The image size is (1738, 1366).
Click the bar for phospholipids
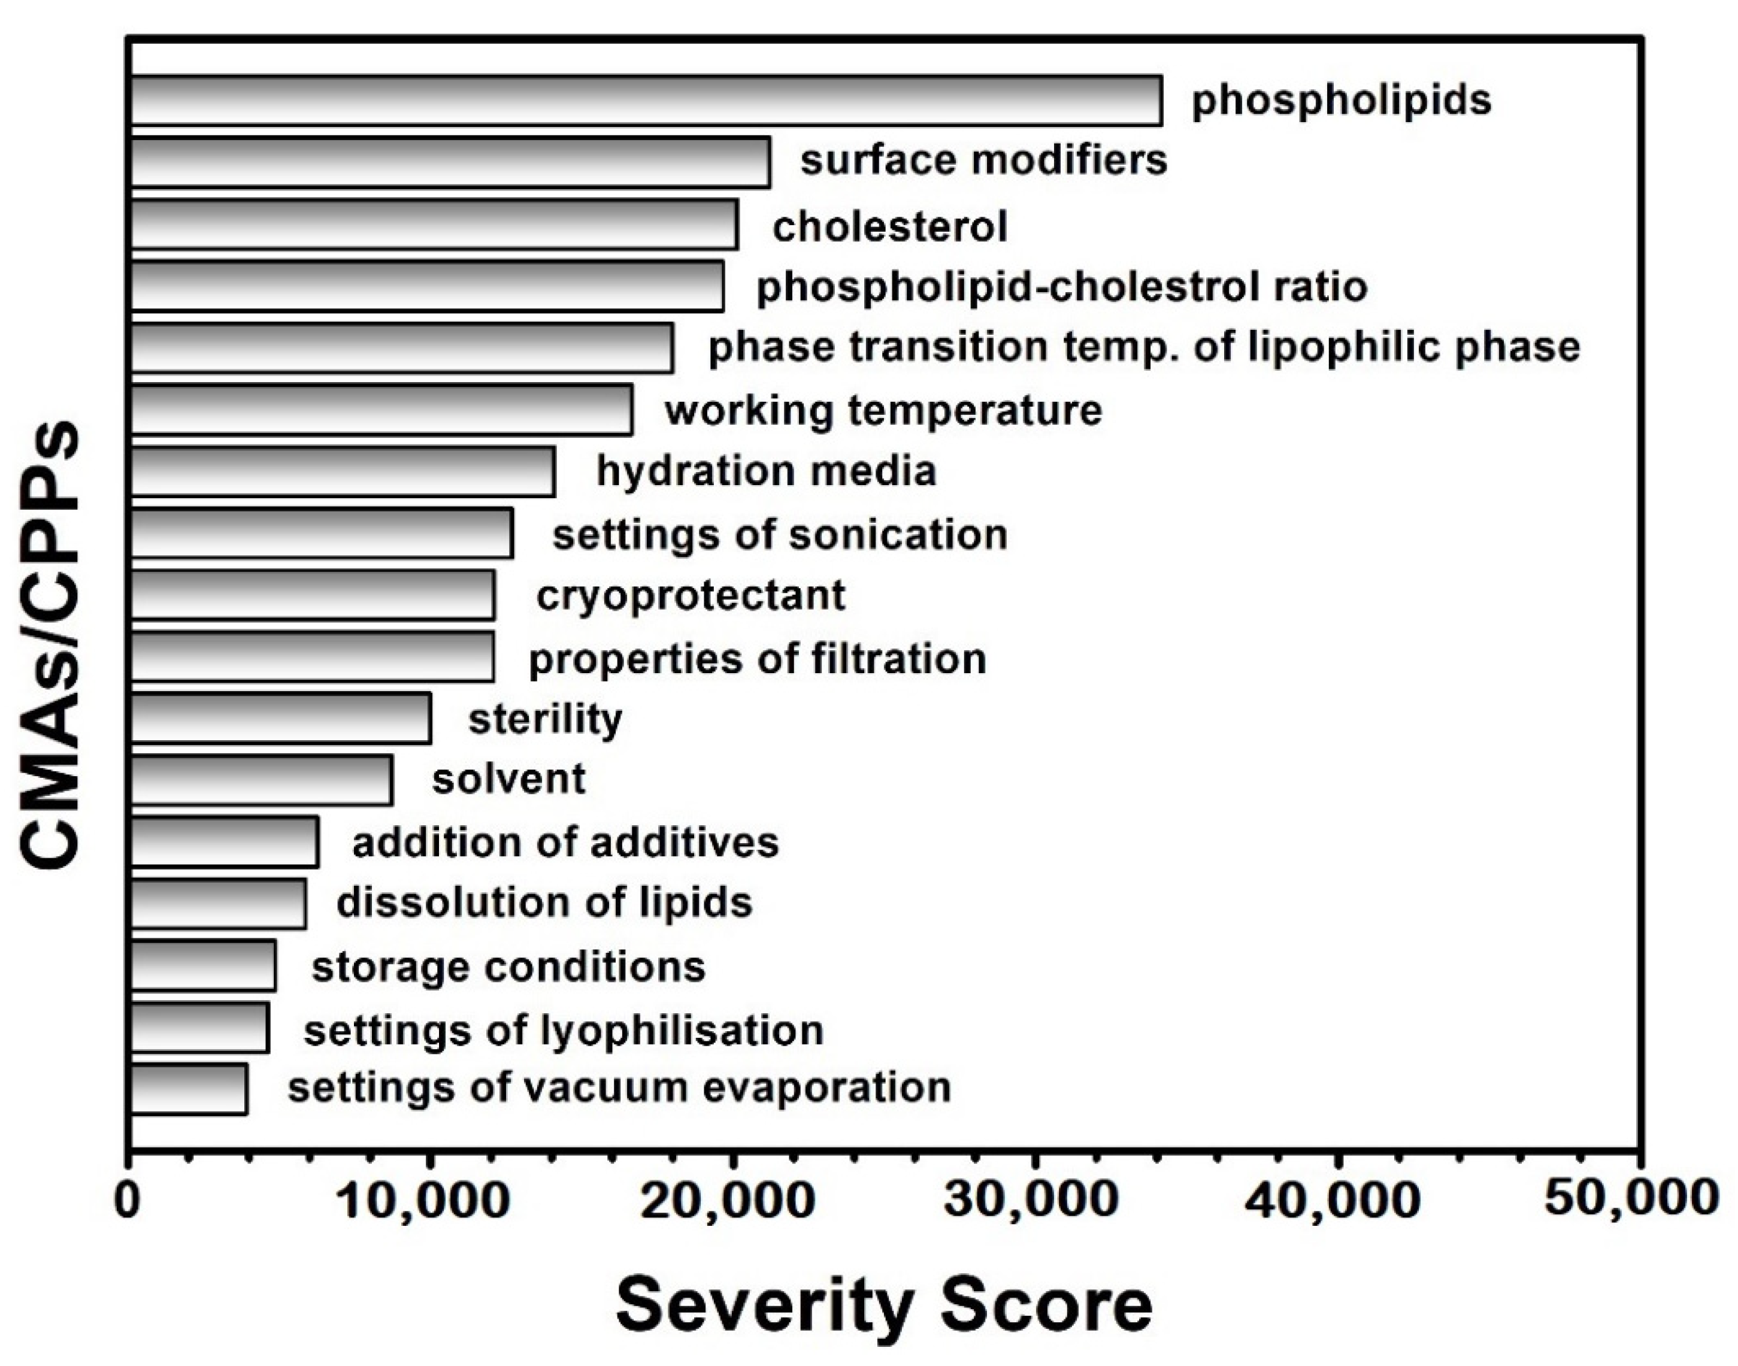(646, 101)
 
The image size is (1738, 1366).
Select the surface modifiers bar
(450, 162)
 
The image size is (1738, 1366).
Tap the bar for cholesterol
(434, 225)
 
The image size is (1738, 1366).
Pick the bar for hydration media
(343, 472)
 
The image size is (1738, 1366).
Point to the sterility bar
(281, 718)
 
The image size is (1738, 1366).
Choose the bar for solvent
(262, 780)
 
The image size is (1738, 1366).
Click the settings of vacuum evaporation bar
(189, 1089)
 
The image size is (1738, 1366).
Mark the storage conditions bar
(203, 966)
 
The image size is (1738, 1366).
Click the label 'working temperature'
(883, 410)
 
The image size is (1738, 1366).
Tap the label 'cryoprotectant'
(691, 596)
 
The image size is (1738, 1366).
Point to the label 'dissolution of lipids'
(544, 903)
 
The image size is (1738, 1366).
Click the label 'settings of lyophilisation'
(563, 1030)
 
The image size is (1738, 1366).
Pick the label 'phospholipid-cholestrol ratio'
(1061, 287)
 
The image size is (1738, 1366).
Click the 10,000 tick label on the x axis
(425, 1201)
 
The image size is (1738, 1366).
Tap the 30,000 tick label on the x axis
(1030, 1201)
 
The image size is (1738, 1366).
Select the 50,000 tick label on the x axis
(1631, 1200)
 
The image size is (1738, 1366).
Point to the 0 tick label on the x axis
(128, 1201)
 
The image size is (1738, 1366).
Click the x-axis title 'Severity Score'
(884, 1306)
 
